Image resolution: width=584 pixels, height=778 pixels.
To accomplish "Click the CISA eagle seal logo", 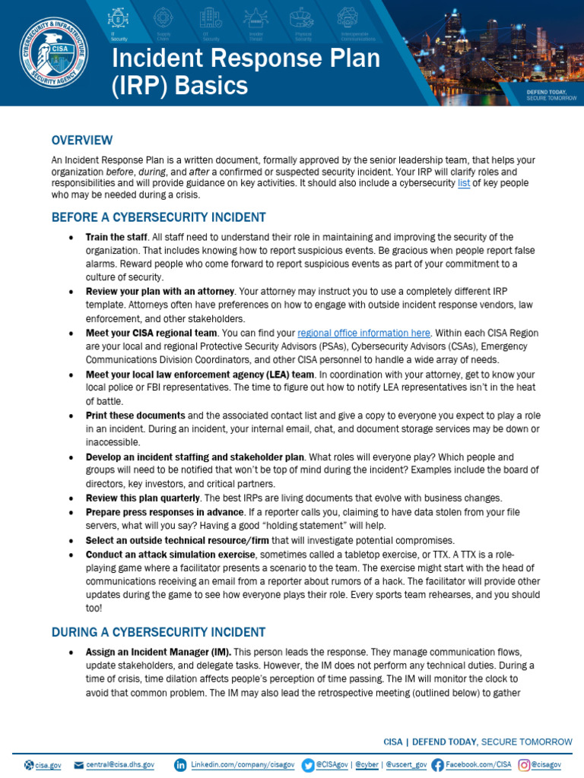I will (52, 53).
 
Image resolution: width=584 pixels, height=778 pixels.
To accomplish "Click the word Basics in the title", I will (211, 85).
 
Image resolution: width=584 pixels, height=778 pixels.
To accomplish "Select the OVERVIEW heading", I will (82, 140).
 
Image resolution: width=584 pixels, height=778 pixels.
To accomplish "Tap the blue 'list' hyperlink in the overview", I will (464, 183).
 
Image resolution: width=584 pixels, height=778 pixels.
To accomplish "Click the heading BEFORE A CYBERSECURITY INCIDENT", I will (158, 217).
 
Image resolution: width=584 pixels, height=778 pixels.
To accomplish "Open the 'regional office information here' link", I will (364, 333).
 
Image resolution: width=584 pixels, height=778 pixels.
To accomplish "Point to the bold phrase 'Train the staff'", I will (116, 237).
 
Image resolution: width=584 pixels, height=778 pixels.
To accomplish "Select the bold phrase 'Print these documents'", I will (135, 416).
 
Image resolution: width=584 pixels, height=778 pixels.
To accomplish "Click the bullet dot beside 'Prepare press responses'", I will (71, 512).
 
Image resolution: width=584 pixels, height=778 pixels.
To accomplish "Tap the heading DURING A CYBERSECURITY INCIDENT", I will (158, 632).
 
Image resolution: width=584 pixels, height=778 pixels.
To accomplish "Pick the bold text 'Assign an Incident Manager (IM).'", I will (158, 652).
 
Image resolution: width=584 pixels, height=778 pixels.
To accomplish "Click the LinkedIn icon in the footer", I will (180, 764).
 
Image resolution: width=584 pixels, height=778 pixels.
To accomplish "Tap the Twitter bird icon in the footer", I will (308, 764).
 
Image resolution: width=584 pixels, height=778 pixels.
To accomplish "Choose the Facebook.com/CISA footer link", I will (478, 764).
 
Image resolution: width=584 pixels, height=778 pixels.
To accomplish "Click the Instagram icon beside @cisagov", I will (524, 764).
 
